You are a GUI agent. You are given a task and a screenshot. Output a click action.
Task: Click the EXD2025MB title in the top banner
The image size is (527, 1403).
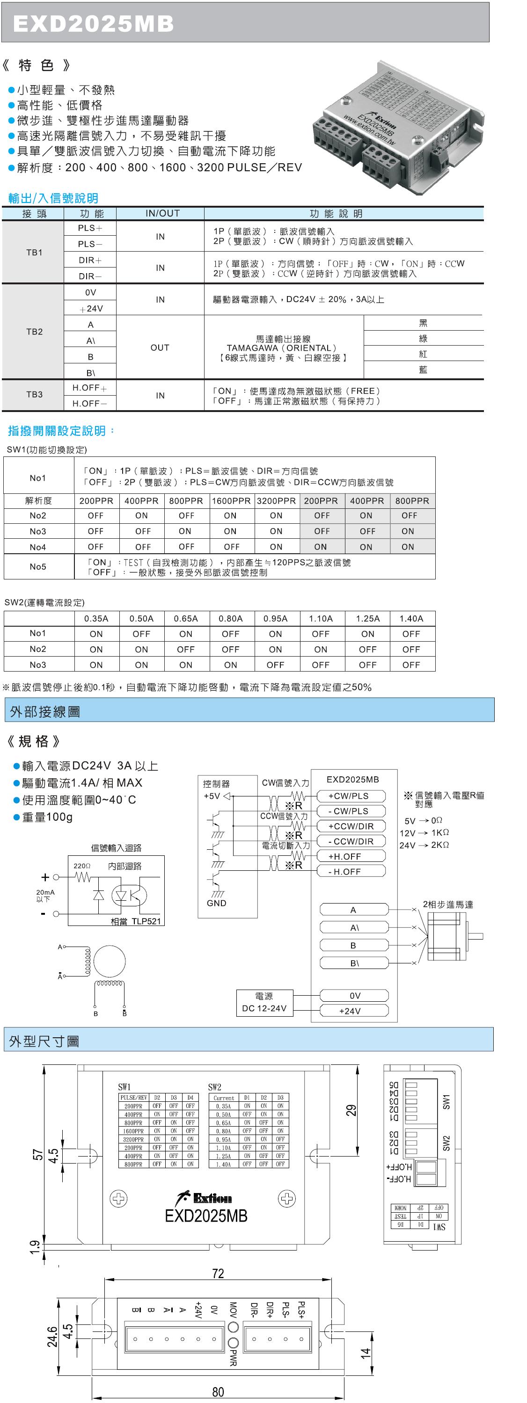point(93,23)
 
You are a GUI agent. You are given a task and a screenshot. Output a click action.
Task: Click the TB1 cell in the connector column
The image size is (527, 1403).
point(34,252)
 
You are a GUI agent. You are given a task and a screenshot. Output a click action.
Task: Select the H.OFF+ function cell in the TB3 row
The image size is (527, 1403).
point(90,388)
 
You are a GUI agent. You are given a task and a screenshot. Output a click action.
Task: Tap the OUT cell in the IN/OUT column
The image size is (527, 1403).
point(160,347)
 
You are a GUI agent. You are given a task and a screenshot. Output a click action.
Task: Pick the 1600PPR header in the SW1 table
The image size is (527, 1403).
point(231,500)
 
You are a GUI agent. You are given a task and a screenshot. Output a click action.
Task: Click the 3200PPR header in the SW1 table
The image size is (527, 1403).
point(276,500)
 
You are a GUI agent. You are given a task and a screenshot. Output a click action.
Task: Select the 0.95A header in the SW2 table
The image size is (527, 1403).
point(275,618)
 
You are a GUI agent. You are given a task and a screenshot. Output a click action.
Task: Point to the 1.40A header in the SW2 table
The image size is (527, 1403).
point(411,618)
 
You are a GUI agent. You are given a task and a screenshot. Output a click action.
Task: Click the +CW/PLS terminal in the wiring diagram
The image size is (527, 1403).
point(349,796)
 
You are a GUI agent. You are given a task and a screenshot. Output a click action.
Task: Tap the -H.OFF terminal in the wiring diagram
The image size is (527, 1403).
point(344,871)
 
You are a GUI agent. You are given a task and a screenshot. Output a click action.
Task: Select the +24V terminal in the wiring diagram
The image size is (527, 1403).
point(350,1011)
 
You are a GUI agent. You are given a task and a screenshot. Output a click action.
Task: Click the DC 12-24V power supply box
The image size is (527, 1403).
point(264,1003)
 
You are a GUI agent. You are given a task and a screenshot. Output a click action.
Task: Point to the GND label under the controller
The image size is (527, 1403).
point(216,903)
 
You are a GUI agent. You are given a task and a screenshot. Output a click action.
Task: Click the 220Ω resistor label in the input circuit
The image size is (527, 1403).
point(82,866)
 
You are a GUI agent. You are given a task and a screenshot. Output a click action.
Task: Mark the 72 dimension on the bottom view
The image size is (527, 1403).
point(218,1273)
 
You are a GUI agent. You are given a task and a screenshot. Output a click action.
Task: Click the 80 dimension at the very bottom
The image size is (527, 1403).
point(218,1392)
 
